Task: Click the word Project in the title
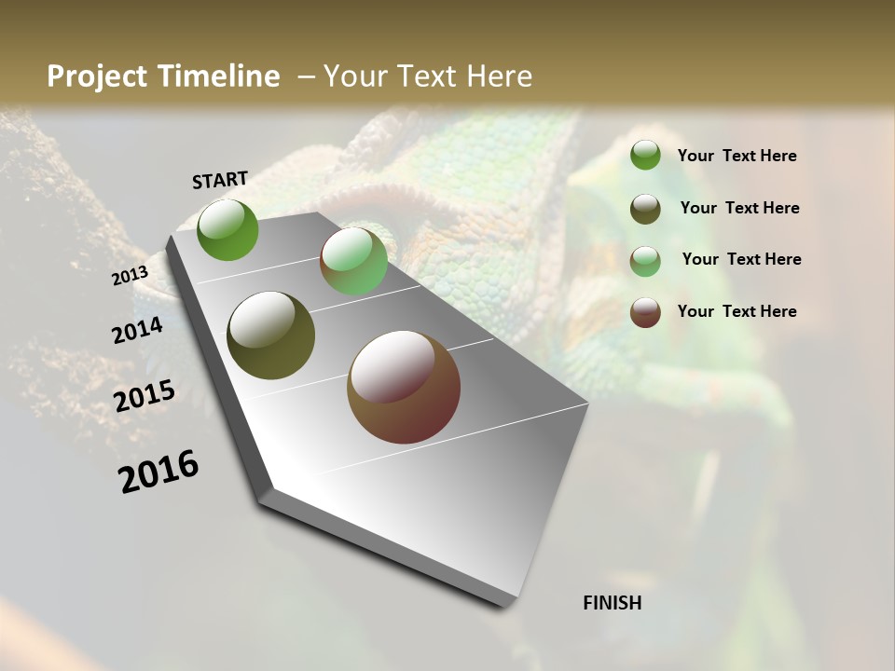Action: (x=98, y=76)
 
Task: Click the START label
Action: (x=220, y=180)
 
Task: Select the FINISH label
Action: (x=613, y=603)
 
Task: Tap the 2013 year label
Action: (x=130, y=276)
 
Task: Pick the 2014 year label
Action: (x=137, y=331)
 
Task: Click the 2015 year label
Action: (x=145, y=396)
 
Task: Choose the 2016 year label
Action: (x=158, y=472)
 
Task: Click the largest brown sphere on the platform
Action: (x=404, y=388)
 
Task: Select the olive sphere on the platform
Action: (x=270, y=335)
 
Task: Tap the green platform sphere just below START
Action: (x=228, y=229)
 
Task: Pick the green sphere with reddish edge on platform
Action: (x=353, y=262)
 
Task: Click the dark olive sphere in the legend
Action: (x=645, y=209)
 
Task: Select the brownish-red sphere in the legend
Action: (x=645, y=312)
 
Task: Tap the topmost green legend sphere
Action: (x=645, y=156)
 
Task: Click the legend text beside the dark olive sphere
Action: (x=740, y=208)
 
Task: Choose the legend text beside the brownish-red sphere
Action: (x=737, y=311)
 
